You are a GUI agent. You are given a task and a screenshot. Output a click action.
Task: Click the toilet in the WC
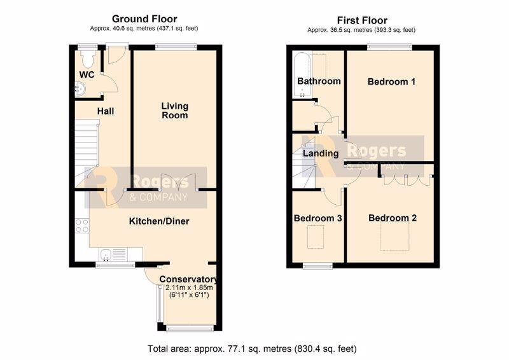tap(87, 59)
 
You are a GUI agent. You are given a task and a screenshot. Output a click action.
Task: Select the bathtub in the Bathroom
tap(302, 74)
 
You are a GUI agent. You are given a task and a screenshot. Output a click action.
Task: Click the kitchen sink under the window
tap(106, 254)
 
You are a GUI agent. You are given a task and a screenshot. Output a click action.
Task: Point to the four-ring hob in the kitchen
tap(82, 226)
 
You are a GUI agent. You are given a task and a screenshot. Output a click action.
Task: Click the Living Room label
tap(174, 111)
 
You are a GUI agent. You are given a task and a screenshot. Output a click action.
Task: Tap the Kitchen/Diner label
tap(159, 221)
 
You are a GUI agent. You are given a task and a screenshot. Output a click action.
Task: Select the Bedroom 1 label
tap(391, 81)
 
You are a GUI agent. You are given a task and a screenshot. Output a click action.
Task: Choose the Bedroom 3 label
tap(317, 218)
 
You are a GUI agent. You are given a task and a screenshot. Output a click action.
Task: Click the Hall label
tap(106, 111)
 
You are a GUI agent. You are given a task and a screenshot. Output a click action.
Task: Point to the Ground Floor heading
tap(144, 19)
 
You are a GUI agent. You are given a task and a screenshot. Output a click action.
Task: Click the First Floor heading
tap(362, 20)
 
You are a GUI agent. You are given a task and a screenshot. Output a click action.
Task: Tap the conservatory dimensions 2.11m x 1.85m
tap(189, 287)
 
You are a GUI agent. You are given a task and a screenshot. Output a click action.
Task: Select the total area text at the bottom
tap(252, 349)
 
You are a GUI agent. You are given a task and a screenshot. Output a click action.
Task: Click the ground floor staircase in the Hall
tap(87, 153)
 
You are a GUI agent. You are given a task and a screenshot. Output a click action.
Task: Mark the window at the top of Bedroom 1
tap(389, 48)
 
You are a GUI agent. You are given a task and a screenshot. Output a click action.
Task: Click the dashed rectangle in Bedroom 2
tap(394, 237)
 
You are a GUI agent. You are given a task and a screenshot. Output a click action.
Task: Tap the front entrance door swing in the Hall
tap(117, 54)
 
